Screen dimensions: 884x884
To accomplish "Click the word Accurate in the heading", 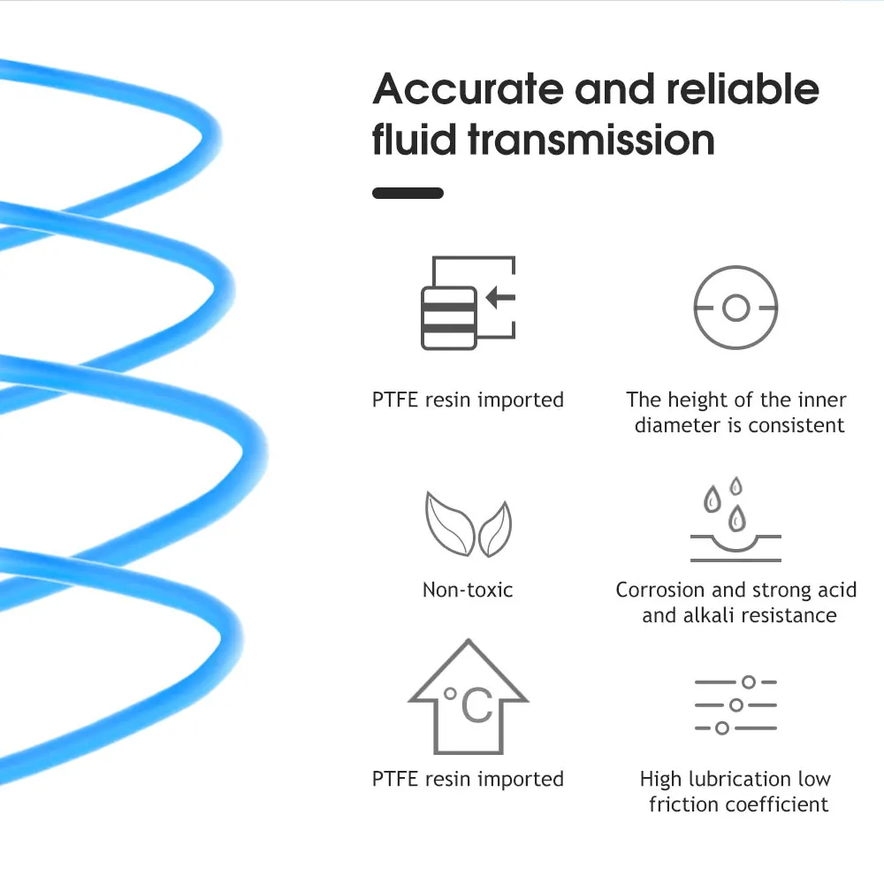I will [467, 90].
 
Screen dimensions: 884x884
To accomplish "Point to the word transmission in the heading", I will [591, 140].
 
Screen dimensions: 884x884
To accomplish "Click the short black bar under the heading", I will [408, 193].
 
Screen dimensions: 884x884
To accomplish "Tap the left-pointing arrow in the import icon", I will [500, 297].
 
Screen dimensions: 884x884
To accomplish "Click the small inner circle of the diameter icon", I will [735, 309].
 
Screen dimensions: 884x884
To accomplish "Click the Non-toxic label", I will [468, 590].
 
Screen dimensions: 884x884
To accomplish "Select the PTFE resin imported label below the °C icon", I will [468, 779].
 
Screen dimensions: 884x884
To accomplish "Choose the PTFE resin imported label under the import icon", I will [468, 400].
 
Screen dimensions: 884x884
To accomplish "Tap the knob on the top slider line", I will [749, 682].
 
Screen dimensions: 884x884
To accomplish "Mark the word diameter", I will [677, 425].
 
